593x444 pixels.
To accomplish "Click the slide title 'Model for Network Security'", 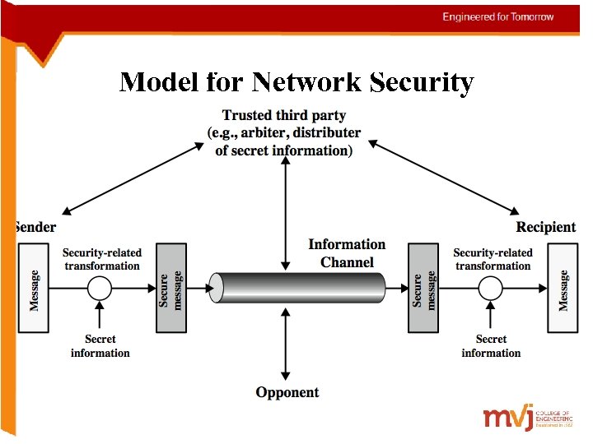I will (296, 82).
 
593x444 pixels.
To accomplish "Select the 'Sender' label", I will (35, 227).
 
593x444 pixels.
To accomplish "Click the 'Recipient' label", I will (545, 227).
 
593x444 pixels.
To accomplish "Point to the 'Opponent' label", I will (287, 393).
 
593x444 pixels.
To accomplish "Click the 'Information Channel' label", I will (347, 253).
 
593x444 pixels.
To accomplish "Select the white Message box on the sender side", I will (34, 289).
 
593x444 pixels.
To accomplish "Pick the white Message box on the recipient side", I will (563, 289).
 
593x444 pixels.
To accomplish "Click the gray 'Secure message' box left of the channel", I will (171, 289).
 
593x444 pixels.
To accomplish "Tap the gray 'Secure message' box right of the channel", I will (424, 289).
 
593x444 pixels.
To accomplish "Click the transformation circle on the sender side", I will (100, 289).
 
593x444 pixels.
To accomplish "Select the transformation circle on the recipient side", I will (491, 289).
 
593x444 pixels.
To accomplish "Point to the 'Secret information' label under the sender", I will (100, 346).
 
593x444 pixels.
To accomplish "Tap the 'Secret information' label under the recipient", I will (491, 346).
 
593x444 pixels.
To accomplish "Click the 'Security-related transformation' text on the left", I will (102, 259).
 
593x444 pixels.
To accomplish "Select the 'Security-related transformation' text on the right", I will (493, 259).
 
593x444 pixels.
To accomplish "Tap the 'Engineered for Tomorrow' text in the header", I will (497, 17).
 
